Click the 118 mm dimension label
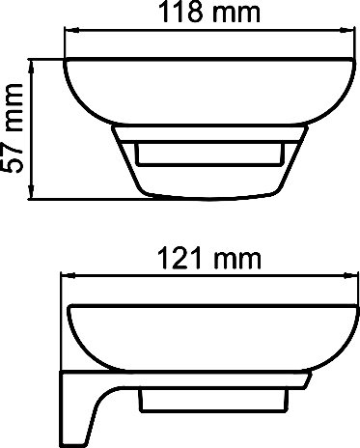click(209, 12)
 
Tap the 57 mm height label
click(13, 128)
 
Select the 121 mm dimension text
click(209, 259)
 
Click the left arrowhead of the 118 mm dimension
click(71, 31)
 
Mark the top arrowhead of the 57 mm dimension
click(32, 67)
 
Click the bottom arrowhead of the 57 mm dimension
click(32, 192)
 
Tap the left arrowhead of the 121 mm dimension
click(68, 275)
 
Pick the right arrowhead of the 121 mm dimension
click(349, 275)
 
